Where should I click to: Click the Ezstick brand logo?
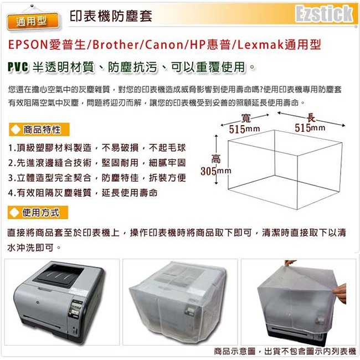click(x=324, y=13)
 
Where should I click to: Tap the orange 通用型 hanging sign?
click(x=32, y=22)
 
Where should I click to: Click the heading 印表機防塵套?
click(x=111, y=16)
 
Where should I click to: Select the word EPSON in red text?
click(x=28, y=44)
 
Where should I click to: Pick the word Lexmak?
click(x=261, y=44)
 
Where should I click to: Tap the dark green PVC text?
click(x=18, y=67)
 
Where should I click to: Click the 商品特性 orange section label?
click(x=39, y=130)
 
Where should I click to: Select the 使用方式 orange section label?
click(x=38, y=213)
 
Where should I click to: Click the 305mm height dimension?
click(x=216, y=171)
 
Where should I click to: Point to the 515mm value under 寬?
click(x=244, y=129)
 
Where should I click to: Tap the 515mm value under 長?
click(x=310, y=128)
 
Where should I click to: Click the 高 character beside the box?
click(x=216, y=159)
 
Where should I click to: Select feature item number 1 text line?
click(x=97, y=148)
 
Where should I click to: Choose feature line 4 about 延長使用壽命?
click(x=83, y=193)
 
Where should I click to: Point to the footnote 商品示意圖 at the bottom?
click(x=234, y=351)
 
